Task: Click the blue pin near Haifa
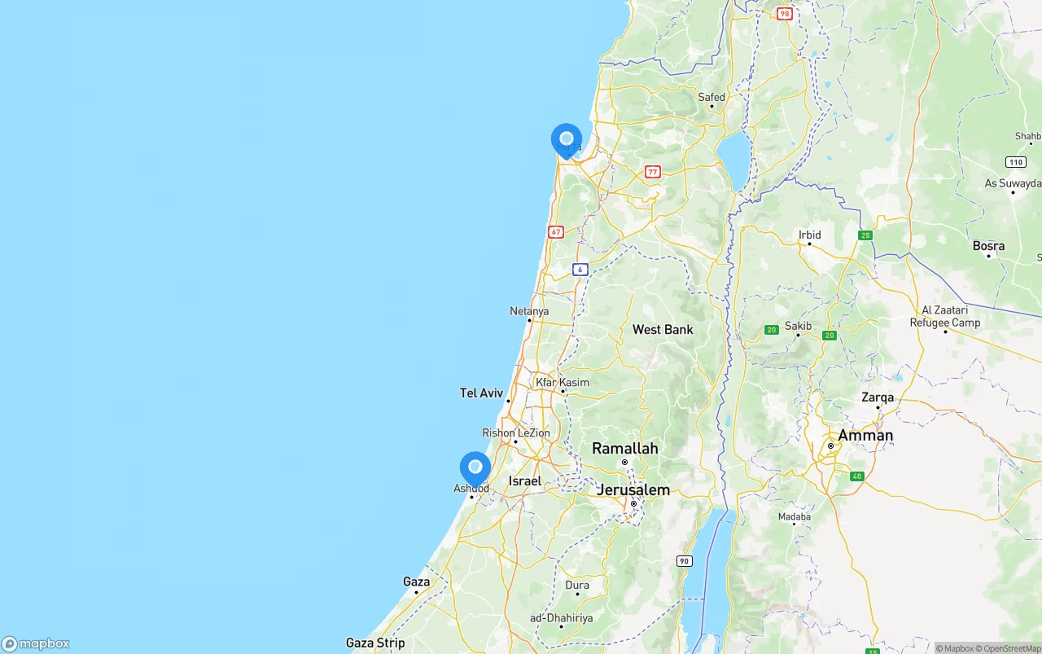(x=567, y=139)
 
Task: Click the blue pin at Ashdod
(x=475, y=467)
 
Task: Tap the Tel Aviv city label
(x=481, y=393)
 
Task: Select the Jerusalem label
(x=633, y=489)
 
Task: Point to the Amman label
(x=865, y=435)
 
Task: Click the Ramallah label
(x=625, y=448)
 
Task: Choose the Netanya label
(x=529, y=311)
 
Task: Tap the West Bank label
(x=663, y=329)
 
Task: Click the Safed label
(x=711, y=97)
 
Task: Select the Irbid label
(x=810, y=235)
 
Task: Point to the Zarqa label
(x=878, y=397)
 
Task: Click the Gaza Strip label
(x=375, y=643)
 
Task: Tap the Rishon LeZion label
(x=516, y=433)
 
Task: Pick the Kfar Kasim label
(x=563, y=382)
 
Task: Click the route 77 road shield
(x=653, y=172)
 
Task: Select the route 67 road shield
(x=556, y=231)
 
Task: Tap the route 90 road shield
(x=685, y=561)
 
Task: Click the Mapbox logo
(x=36, y=643)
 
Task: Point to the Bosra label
(x=988, y=245)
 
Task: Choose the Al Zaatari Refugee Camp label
(x=944, y=316)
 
